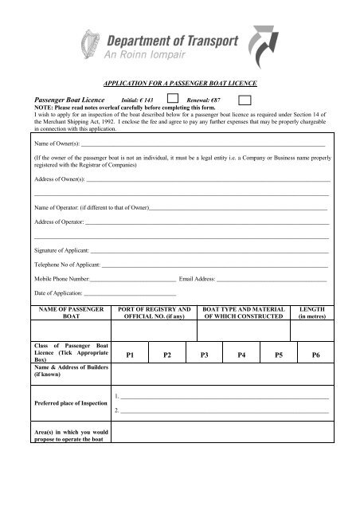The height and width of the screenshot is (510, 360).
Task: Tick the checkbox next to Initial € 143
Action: click(172, 98)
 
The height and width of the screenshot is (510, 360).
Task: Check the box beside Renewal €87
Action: click(246, 98)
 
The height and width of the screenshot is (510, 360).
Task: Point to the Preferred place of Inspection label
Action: click(70, 402)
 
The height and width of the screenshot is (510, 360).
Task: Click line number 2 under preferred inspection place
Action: click(223, 410)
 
